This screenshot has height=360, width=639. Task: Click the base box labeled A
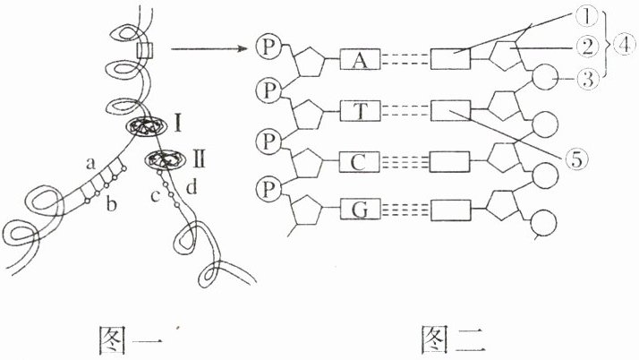361,61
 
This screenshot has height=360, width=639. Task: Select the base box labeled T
361,112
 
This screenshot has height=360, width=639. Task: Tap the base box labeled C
361,161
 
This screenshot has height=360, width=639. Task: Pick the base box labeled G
361,210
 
